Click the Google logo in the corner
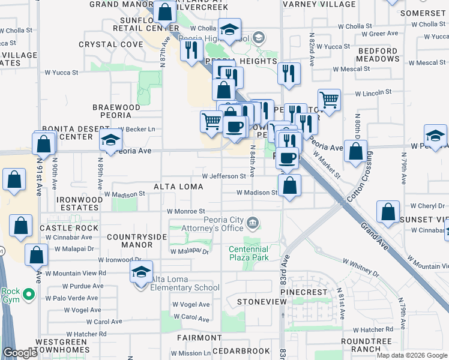tap(20, 353)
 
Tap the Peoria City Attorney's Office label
tap(214, 224)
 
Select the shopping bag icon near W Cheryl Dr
tap(388, 212)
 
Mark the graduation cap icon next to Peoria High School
tap(229, 29)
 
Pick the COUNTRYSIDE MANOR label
tap(137, 241)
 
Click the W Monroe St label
tap(186, 211)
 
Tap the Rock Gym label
tap(10, 295)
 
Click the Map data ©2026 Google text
tap(411, 355)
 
